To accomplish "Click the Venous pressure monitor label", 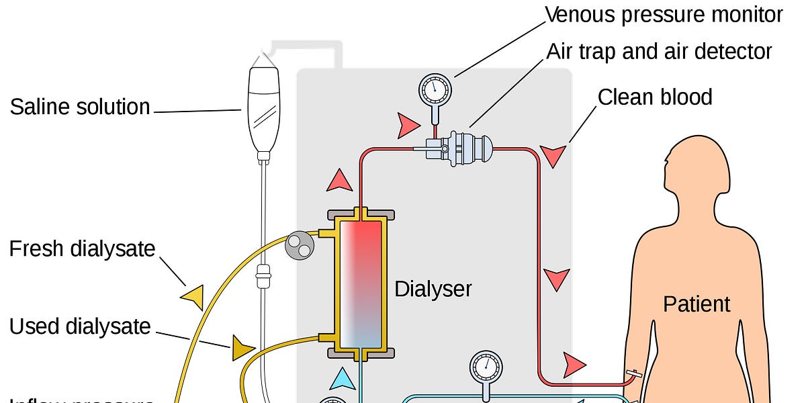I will click(x=664, y=15).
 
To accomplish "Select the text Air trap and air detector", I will click(x=659, y=52).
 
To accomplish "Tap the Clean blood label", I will click(x=654, y=97).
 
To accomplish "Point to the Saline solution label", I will click(x=80, y=107).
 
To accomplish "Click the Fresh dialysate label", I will click(x=82, y=249).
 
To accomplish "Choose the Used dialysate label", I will click(x=80, y=326).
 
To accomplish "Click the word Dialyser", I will click(x=433, y=289).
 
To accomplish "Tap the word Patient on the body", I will click(x=697, y=304).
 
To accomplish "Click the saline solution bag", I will click(x=263, y=107).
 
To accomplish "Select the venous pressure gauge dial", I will click(x=435, y=89).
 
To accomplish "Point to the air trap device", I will click(x=463, y=147).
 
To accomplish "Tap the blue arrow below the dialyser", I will click(x=343, y=378).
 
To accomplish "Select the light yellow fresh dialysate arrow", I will click(x=192, y=296).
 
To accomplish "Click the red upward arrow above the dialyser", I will click(x=339, y=179).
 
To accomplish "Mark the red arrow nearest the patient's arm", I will click(x=574, y=364).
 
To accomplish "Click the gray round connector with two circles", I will click(x=299, y=246).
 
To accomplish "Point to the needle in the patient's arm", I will click(x=633, y=373).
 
